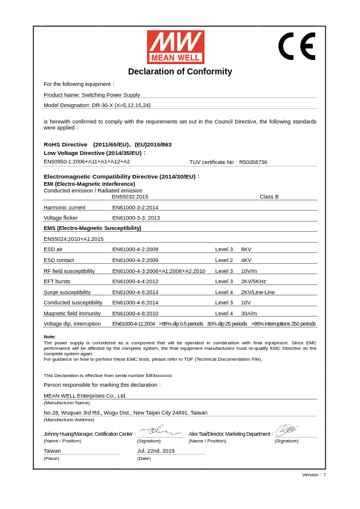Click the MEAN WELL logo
175,47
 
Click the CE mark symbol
296,46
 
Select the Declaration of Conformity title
180,71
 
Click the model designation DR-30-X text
97,105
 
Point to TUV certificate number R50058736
228,162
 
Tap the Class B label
269,197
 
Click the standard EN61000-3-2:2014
135,208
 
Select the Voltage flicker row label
61,218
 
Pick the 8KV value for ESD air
246,249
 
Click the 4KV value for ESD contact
246,260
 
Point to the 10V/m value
249,271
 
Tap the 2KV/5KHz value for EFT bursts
254,281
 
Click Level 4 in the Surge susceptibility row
224,292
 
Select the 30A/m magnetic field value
249,314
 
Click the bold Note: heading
50,337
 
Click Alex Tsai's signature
287,430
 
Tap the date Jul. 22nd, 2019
155,451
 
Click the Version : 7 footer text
314,475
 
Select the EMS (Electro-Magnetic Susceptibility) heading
93,228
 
